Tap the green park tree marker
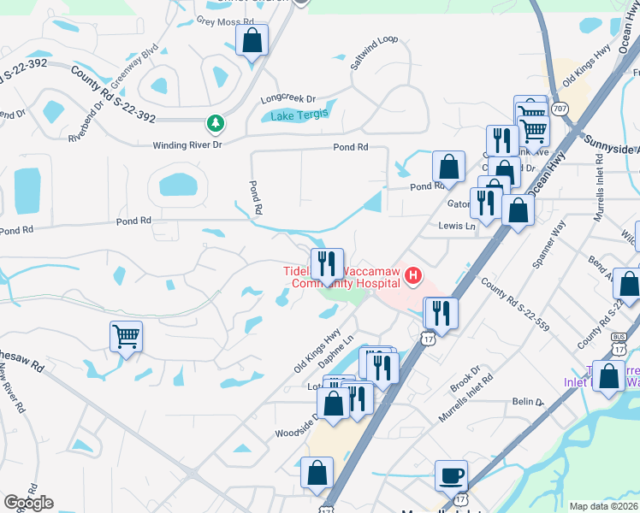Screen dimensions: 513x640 coord(216,123)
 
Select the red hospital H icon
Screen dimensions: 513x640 coord(414,275)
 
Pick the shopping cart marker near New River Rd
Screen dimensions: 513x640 coord(126,336)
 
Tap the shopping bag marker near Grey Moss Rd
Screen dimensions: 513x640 coord(252,39)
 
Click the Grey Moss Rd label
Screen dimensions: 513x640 coord(225,21)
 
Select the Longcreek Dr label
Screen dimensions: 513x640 coord(288,99)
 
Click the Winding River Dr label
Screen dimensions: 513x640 coord(187,145)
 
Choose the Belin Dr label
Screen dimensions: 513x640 coord(528,402)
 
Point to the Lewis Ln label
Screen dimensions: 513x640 coord(456,227)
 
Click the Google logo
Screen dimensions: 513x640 coord(28,502)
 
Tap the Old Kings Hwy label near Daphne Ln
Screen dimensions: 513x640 coord(317,351)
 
